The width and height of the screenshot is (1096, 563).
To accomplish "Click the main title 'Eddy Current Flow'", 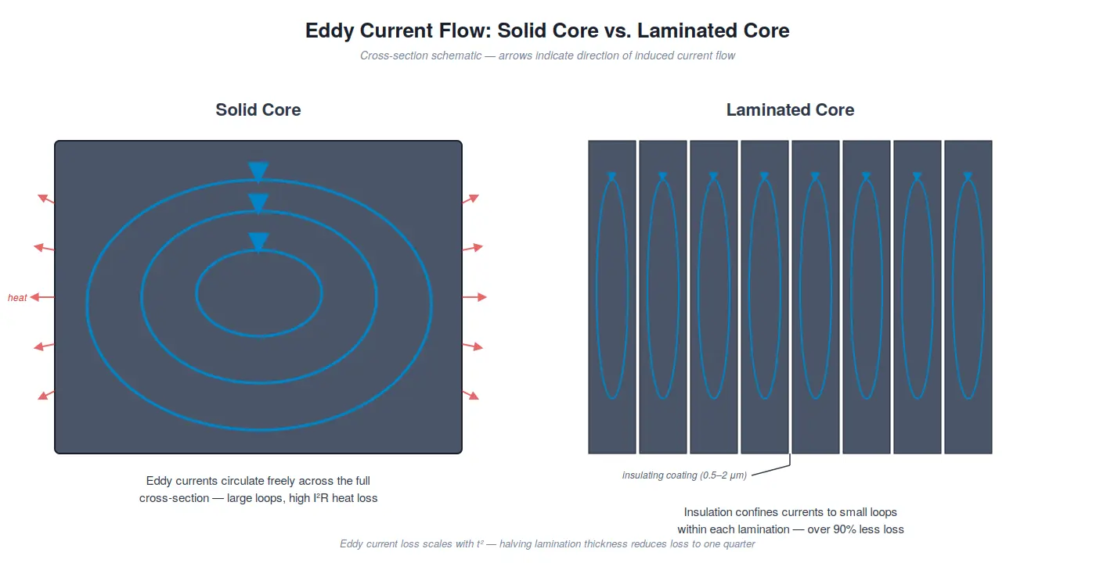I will click(547, 31).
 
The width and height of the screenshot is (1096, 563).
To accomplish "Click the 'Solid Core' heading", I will click(258, 110).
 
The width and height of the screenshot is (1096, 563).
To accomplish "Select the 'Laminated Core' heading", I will click(790, 110).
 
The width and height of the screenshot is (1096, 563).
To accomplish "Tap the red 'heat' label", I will click(17, 298).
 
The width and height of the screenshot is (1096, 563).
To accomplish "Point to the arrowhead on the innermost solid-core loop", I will click(258, 242).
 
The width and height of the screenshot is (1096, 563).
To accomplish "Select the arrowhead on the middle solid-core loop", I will click(258, 203).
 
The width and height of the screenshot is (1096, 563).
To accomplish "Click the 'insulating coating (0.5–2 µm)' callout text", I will click(684, 475).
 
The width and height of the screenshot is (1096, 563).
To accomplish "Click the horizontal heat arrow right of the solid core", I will click(474, 297).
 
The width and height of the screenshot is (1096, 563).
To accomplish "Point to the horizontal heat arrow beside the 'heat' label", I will click(42, 297).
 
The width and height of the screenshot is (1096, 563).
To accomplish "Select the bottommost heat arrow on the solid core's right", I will click(470, 395).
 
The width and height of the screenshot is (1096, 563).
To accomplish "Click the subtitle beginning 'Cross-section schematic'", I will click(547, 56).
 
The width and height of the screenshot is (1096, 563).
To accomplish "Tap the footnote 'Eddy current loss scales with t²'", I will click(547, 544).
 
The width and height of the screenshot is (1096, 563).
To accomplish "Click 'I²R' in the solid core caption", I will click(321, 498).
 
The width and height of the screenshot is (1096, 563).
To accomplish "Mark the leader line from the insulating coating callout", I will click(771, 469).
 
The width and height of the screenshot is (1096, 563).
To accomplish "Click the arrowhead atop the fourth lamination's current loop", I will click(764, 177).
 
